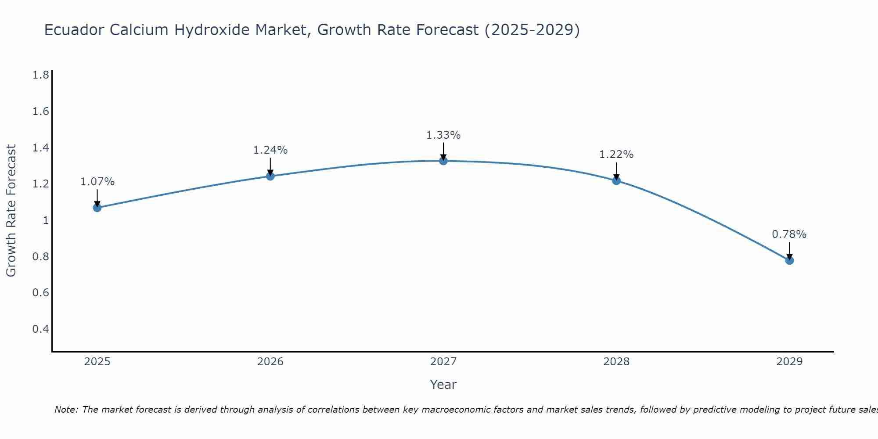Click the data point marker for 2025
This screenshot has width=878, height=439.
[97, 208]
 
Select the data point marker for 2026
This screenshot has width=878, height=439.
[270, 176]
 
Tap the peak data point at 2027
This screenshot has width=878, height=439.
[443, 161]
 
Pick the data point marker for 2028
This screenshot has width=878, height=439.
[616, 180]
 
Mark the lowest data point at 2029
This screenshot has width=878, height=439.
[789, 260]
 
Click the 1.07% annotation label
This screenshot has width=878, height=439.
[97, 182]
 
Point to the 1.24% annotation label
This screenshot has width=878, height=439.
[270, 150]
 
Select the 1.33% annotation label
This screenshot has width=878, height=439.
[443, 135]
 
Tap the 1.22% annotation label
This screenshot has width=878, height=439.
[616, 155]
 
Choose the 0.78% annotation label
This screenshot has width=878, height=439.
[789, 234]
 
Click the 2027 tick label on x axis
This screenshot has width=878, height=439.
[443, 362]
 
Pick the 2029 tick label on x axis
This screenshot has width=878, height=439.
[789, 362]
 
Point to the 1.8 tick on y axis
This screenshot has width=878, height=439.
[40, 75]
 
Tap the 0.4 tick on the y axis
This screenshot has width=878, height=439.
[40, 329]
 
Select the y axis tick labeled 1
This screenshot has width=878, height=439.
[46, 220]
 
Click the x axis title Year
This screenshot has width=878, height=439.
[443, 385]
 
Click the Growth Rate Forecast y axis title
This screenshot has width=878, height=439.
[11, 211]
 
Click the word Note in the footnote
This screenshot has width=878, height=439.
[66, 410]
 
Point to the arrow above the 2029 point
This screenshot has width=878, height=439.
[789, 250]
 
